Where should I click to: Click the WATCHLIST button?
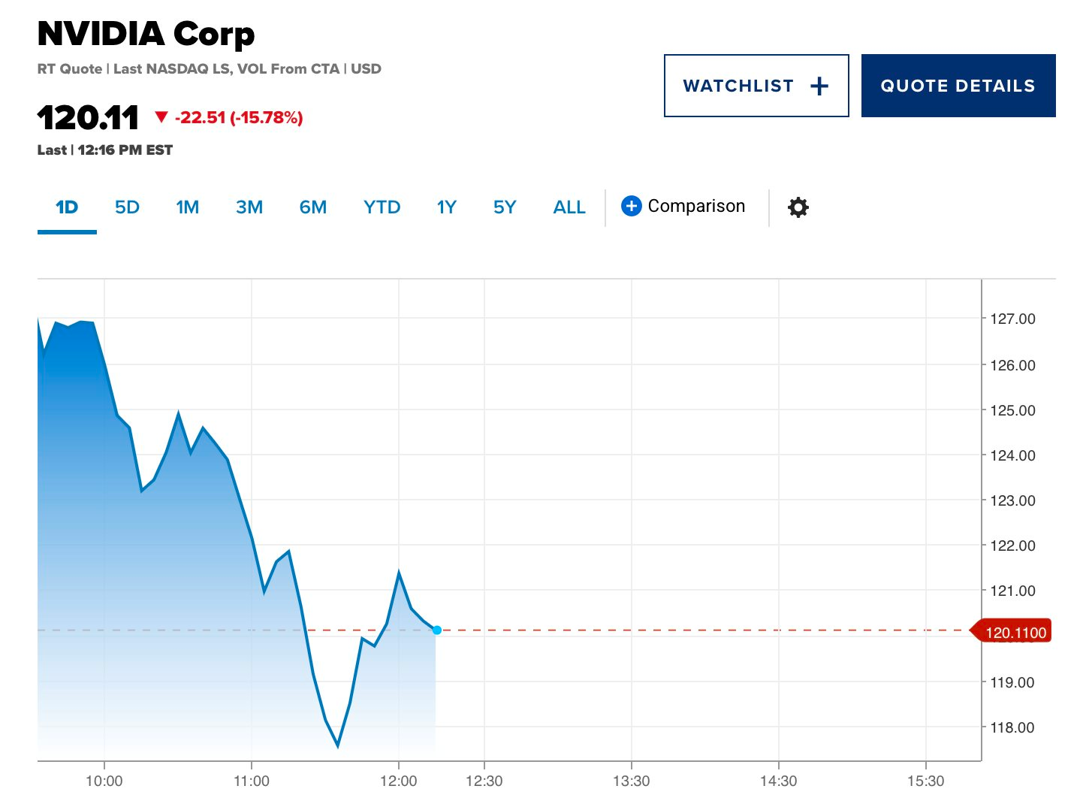[x=756, y=86]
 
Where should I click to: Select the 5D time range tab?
[x=127, y=207]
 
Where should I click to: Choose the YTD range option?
[x=382, y=207]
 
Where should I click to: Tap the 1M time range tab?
[x=187, y=207]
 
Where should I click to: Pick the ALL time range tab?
[x=569, y=207]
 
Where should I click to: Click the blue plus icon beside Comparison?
[x=632, y=206]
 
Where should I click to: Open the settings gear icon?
[x=798, y=207]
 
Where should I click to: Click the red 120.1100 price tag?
[x=1012, y=632]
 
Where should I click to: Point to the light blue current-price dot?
[x=437, y=630]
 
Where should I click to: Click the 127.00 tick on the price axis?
[x=1012, y=319]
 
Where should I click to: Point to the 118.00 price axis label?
[x=1012, y=727]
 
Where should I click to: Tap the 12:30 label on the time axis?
[x=484, y=781]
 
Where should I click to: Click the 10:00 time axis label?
[x=104, y=781]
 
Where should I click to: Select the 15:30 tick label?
[x=925, y=781]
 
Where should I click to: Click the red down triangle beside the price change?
[x=161, y=116]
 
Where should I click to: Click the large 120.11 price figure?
[x=88, y=117]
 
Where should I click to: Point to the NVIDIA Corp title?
[x=146, y=34]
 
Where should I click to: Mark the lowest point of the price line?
[x=338, y=746]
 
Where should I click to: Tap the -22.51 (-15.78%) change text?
[x=239, y=117]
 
